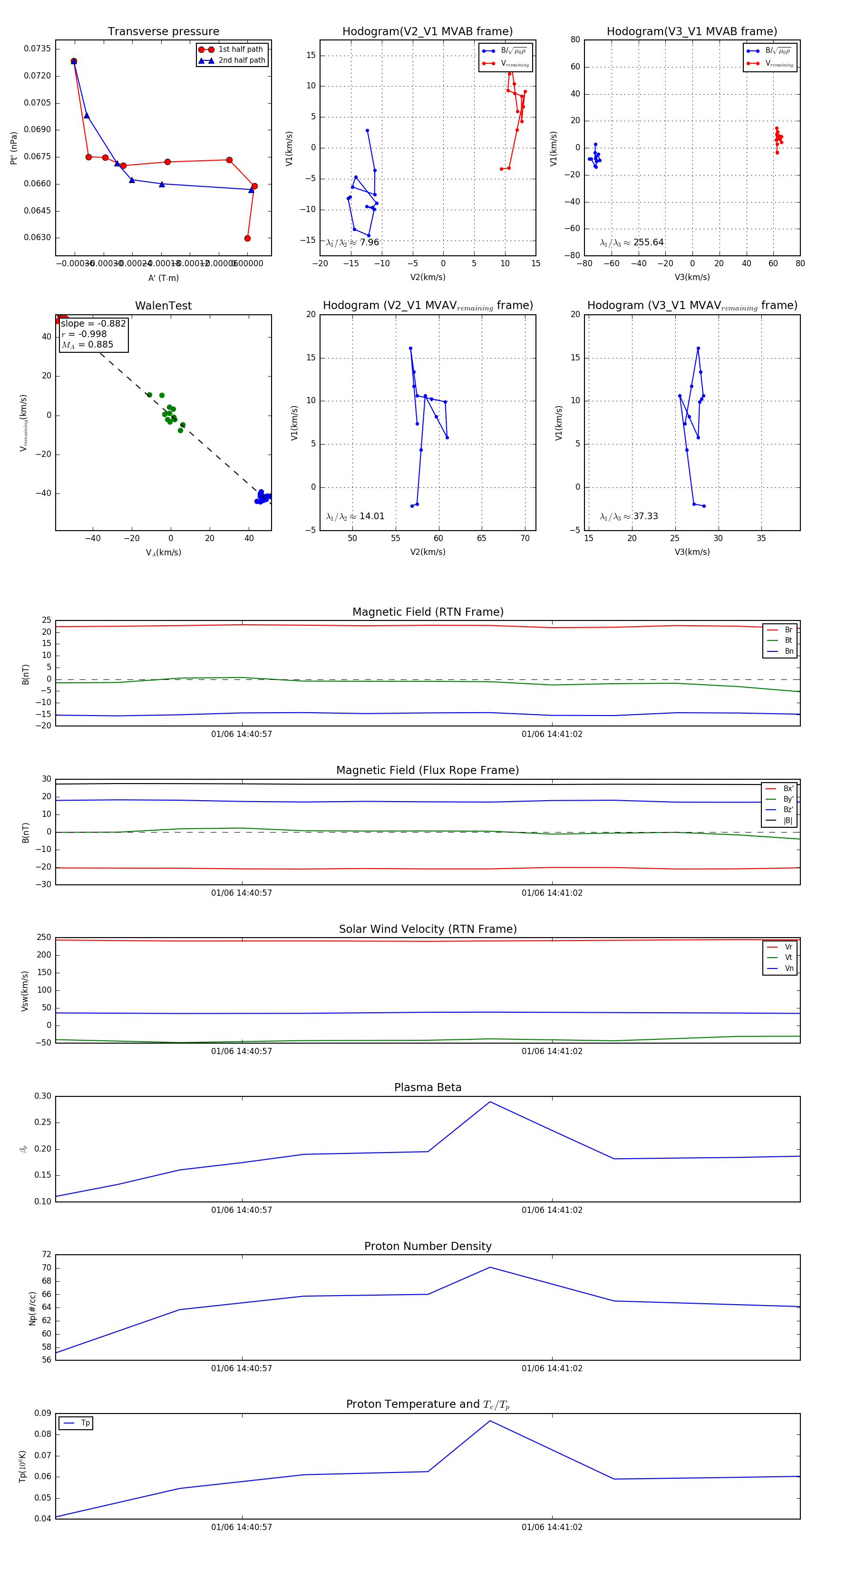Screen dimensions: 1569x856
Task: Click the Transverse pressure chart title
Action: coord(163,32)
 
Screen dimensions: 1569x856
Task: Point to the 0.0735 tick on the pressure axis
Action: coord(37,48)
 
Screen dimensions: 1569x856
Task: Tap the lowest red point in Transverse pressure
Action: coord(247,238)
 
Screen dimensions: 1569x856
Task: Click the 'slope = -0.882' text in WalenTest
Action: coord(93,323)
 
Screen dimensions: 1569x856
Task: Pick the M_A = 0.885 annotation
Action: coord(87,345)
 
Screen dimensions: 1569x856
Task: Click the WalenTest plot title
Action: coord(163,306)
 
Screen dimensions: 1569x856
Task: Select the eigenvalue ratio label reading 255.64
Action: coord(632,242)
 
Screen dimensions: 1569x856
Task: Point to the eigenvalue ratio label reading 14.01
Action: coord(355,516)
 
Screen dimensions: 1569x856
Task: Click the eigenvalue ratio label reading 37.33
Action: coord(629,516)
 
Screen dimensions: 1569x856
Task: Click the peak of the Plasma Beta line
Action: coord(490,1102)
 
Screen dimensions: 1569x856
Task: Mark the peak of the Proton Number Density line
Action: coord(490,1268)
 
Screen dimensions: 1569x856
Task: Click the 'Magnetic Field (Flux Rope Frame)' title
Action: coord(428,771)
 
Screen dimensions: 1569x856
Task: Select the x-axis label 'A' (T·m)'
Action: coord(163,278)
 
